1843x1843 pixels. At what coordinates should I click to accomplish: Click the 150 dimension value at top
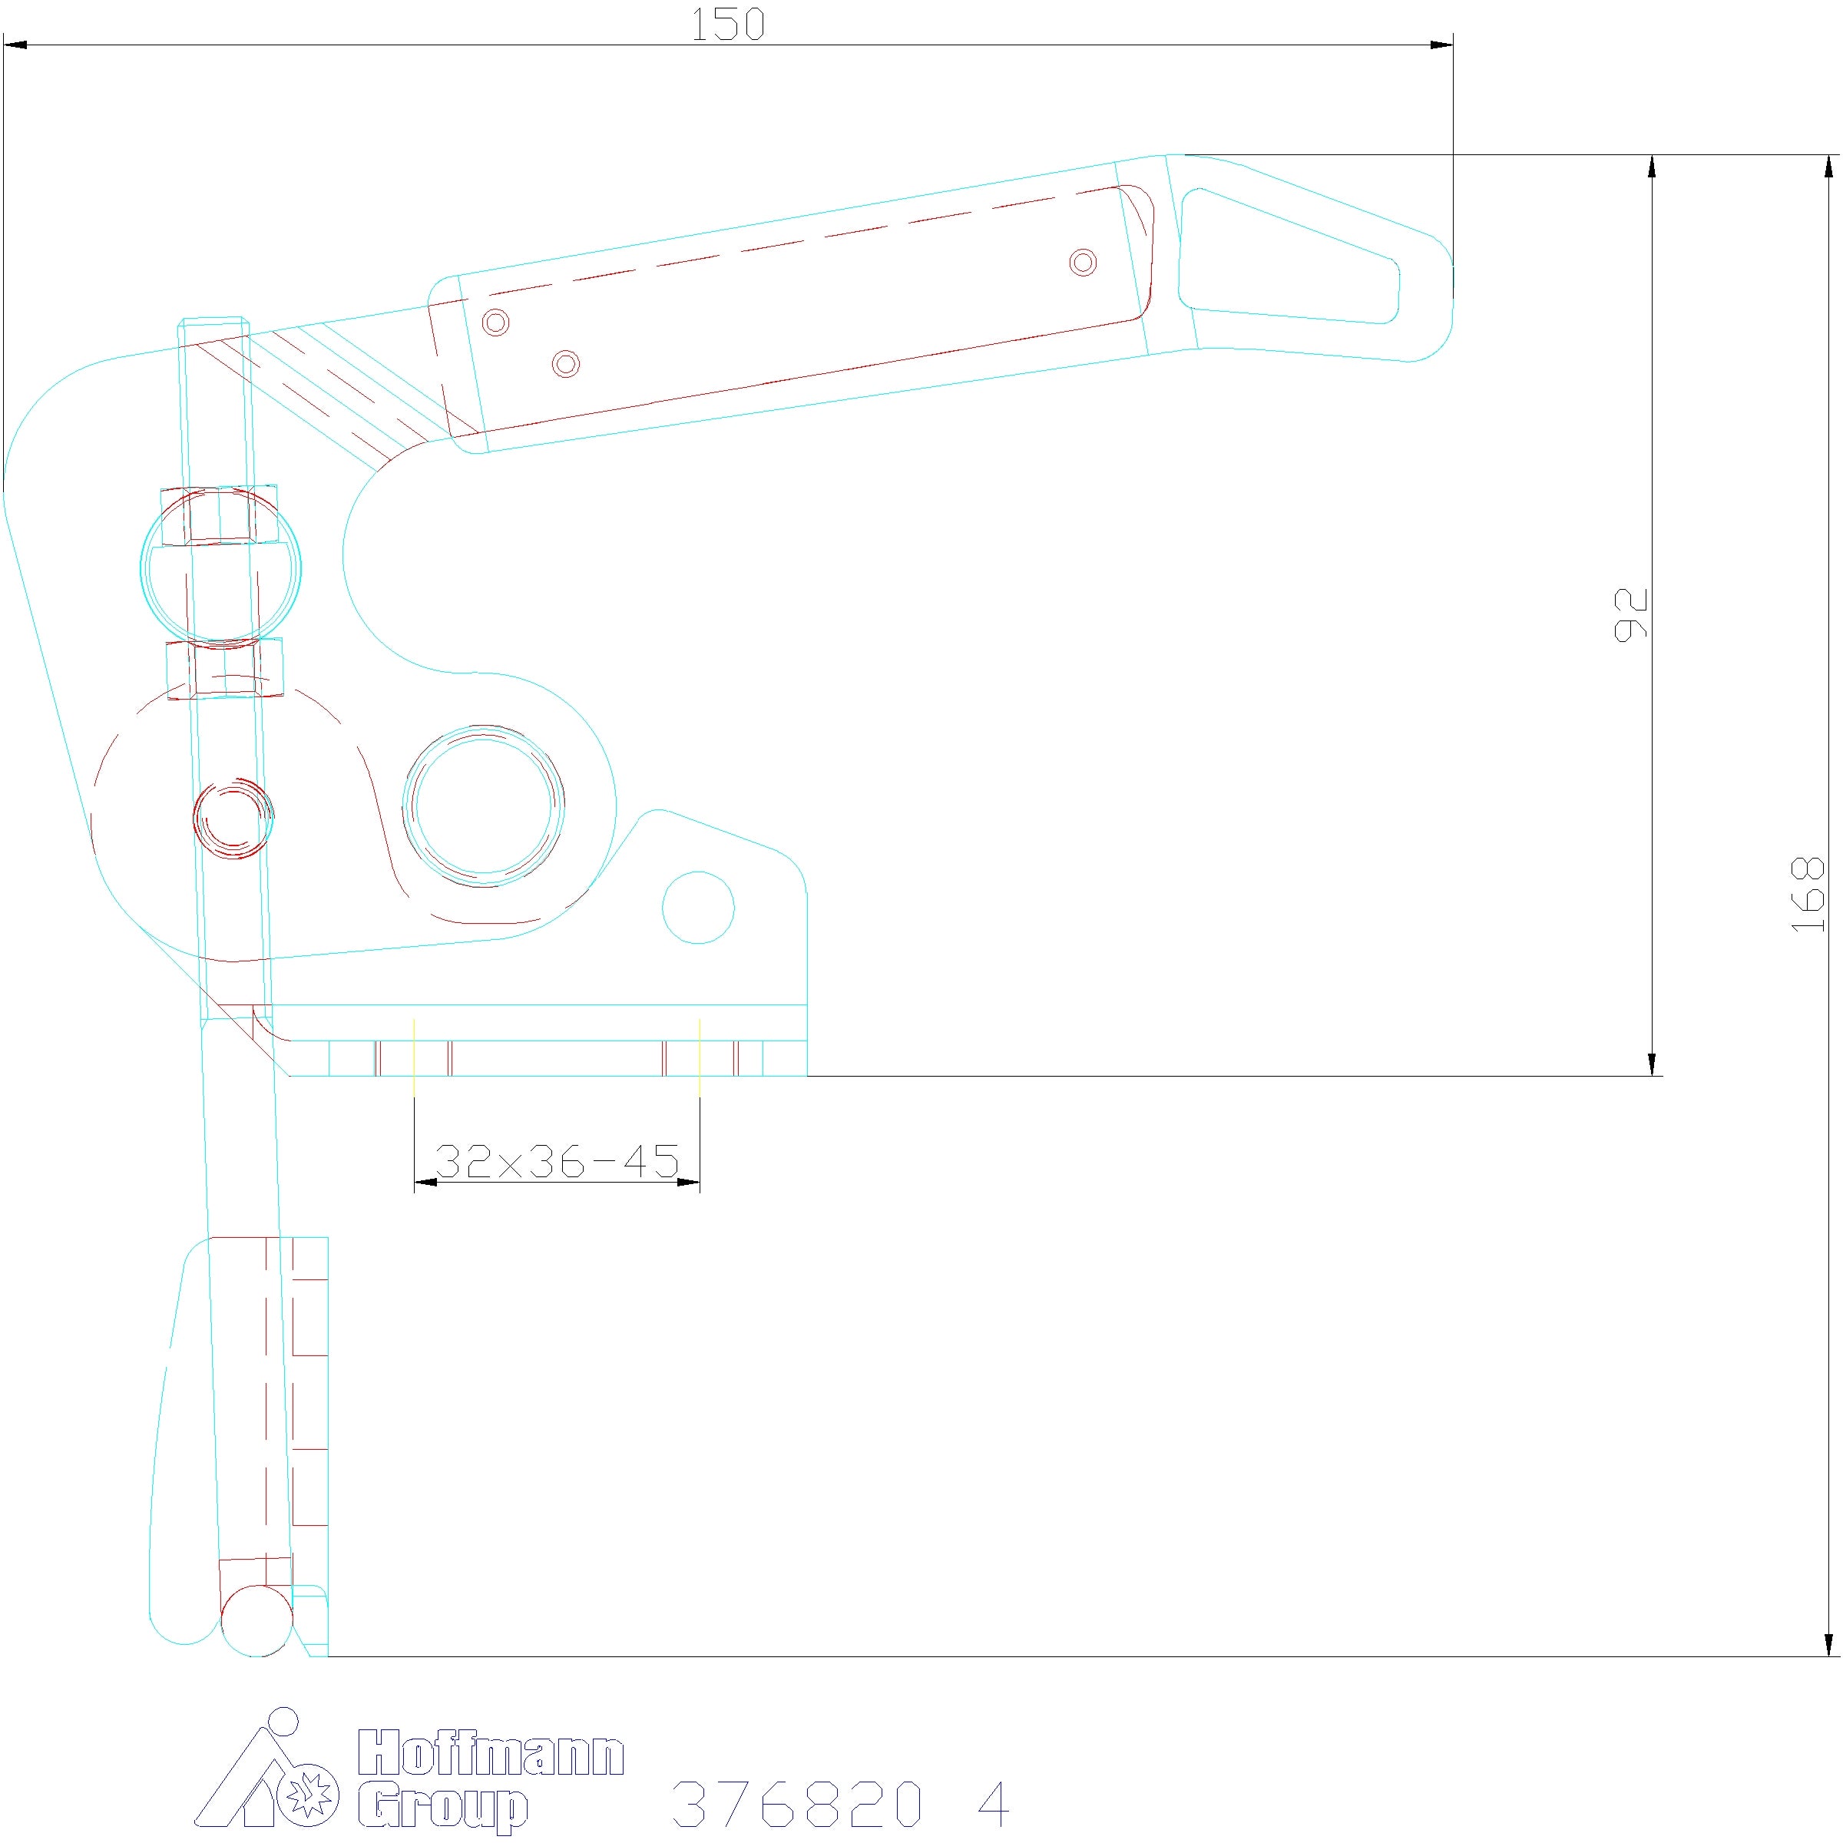click(x=727, y=25)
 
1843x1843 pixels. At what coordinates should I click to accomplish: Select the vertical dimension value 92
click(x=1630, y=614)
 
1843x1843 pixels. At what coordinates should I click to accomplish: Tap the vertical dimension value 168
click(x=1808, y=894)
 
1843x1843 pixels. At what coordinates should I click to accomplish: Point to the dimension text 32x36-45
click(x=557, y=1161)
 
